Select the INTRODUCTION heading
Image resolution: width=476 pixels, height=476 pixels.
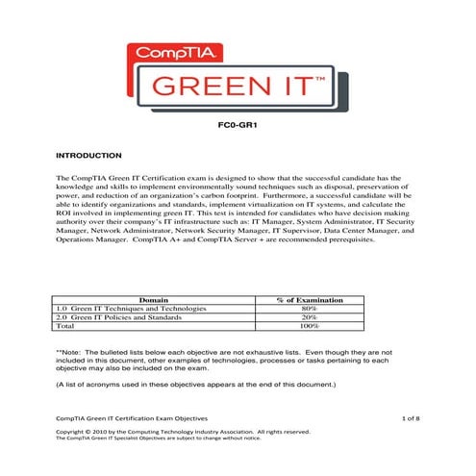[88, 155]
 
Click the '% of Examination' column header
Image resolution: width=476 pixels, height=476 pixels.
[310, 300]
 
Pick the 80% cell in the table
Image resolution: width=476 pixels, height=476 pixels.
[310, 309]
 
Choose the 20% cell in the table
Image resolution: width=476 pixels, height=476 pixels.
[310, 317]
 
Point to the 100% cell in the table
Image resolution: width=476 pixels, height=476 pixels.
[310, 326]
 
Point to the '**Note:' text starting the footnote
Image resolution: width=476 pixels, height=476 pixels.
[73, 352]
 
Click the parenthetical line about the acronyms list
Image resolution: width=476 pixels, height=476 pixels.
[195, 384]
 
